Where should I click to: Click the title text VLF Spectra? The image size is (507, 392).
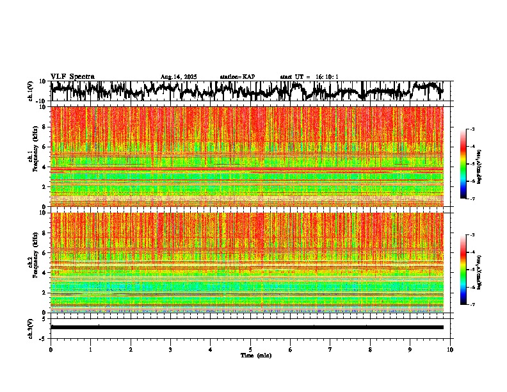72,76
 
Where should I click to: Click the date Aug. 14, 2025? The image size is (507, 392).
179,77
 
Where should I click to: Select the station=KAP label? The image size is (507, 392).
237,77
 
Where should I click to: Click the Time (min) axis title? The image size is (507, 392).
255,355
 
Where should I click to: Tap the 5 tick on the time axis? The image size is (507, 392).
250,350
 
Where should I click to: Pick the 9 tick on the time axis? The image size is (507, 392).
410,350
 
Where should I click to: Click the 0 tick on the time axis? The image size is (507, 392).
51,350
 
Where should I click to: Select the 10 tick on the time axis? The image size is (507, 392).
450,350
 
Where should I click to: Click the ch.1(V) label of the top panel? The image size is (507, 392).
30,91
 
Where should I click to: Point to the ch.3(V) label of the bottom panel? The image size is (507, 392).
30,327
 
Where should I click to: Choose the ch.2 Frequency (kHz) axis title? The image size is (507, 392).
33,261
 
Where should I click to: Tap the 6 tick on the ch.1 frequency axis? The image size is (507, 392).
44,147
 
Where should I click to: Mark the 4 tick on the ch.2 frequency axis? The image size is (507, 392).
44,272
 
